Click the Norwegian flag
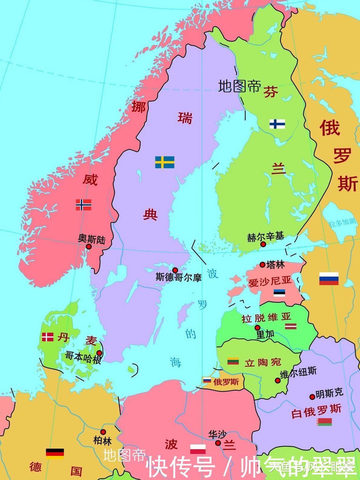pyautogui.click(x=83, y=205)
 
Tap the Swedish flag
pyautogui.click(x=165, y=162)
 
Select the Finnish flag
pyautogui.click(x=277, y=124)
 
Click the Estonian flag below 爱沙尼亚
pyautogui.click(x=279, y=293)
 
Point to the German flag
pyautogui.click(x=55, y=454)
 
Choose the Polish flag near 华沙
pyautogui.click(x=198, y=449)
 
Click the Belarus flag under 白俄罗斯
pyautogui.click(x=324, y=422)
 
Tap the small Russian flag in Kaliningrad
pyautogui.click(x=207, y=380)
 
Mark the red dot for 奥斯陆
pyautogui.click(x=89, y=247)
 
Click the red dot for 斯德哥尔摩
pyautogui.click(x=175, y=270)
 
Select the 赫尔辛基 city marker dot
pyautogui.click(x=263, y=244)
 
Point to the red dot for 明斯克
pyautogui.click(x=312, y=397)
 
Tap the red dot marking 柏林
pyautogui.click(x=103, y=432)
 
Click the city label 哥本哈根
pyautogui.click(x=83, y=357)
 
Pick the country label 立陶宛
pyautogui.click(x=263, y=363)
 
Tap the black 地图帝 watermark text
pyautogui.click(x=240, y=86)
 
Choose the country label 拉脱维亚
pyautogui.click(x=266, y=318)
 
